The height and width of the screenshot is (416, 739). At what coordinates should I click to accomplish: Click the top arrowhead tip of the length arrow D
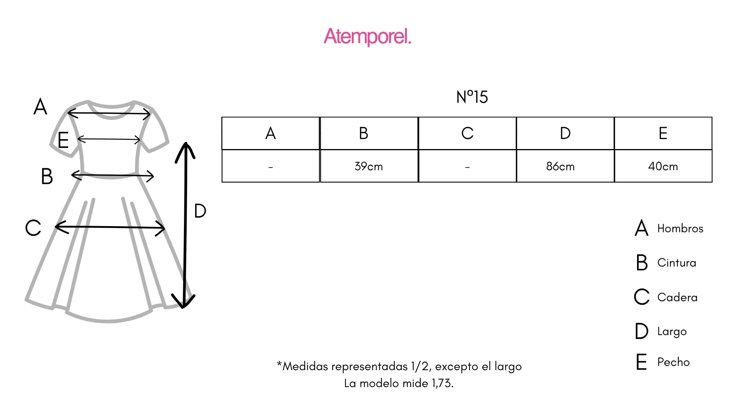(186, 143)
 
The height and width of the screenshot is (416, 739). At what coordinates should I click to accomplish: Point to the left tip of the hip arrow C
(55, 226)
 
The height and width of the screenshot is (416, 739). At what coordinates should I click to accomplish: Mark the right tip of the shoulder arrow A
(150, 114)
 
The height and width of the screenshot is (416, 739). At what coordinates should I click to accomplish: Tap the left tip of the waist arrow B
(72, 175)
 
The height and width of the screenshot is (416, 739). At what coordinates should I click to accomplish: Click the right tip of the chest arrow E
(140, 139)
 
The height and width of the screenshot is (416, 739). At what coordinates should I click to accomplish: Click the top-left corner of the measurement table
(222, 117)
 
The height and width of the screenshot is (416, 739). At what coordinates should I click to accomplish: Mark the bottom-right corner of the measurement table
(712, 182)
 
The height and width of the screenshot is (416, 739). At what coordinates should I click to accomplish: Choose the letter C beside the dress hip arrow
(33, 228)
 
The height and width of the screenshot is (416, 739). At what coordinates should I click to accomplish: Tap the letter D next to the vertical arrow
(200, 211)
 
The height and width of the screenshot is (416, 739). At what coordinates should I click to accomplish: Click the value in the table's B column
(369, 166)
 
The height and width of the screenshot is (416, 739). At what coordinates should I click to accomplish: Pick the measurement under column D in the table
(560, 166)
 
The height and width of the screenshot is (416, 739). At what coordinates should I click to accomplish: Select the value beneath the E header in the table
(663, 166)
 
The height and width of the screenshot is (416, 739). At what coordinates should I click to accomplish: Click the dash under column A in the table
(271, 167)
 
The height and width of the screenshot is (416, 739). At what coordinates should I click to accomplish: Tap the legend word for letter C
(677, 297)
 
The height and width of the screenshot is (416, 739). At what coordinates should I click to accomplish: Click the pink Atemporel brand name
(368, 37)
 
